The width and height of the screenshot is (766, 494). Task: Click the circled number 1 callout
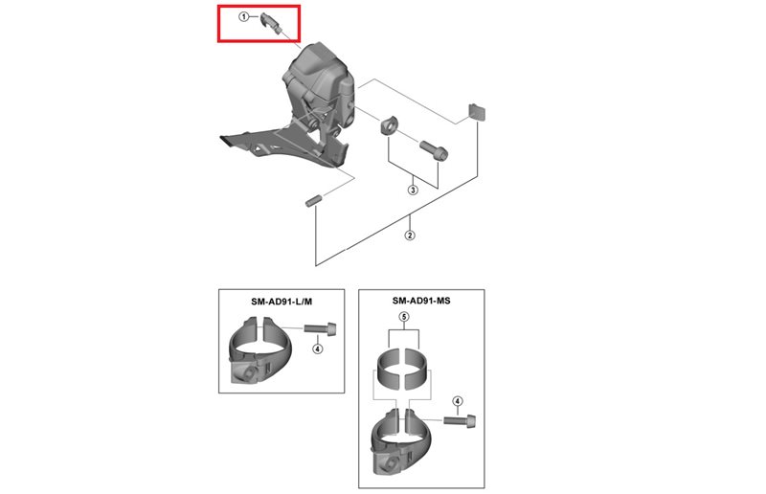[x=243, y=17]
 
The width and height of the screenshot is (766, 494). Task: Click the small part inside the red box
[x=270, y=22]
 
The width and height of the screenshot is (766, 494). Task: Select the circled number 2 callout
[x=410, y=235]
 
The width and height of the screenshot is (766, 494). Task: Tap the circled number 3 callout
[x=413, y=190]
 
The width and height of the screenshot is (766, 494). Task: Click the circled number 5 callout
[x=404, y=317]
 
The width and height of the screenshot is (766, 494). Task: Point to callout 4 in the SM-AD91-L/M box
[x=318, y=348]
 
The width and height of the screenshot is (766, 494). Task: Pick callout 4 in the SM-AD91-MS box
[x=458, y=401]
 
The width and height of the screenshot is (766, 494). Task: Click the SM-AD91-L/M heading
[x=282, y=302]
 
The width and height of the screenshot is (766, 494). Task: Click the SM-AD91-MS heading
[x=421, y=301]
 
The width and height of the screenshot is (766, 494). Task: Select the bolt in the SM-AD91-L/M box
[x=320, y=328]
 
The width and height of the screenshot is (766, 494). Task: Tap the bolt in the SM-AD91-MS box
[x=460, y=419]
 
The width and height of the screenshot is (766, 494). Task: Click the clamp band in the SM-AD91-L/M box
[x=259, y=351]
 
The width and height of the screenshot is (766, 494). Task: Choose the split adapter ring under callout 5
[x=402, y=369]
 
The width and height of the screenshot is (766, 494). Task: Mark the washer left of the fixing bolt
[x=389, y=125]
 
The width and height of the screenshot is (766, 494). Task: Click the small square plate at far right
[x=477, y=111]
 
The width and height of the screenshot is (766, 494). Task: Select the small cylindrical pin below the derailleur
[x=313, y=201]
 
